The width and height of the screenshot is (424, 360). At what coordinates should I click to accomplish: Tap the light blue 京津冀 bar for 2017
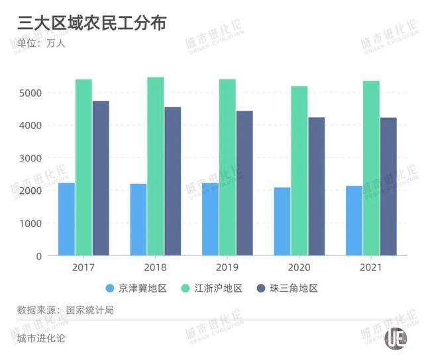[66, 219]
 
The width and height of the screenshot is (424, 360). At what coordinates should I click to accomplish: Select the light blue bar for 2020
[282, 222]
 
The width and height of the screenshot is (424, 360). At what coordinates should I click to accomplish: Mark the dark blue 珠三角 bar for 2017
[101, 178]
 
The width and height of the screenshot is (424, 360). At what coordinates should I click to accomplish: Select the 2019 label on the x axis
[227, 267]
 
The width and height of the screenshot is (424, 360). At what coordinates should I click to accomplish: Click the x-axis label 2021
[371, 267]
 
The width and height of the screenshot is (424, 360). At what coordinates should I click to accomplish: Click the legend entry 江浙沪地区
[211, 289]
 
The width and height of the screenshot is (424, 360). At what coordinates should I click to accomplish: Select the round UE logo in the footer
[397, 337]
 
